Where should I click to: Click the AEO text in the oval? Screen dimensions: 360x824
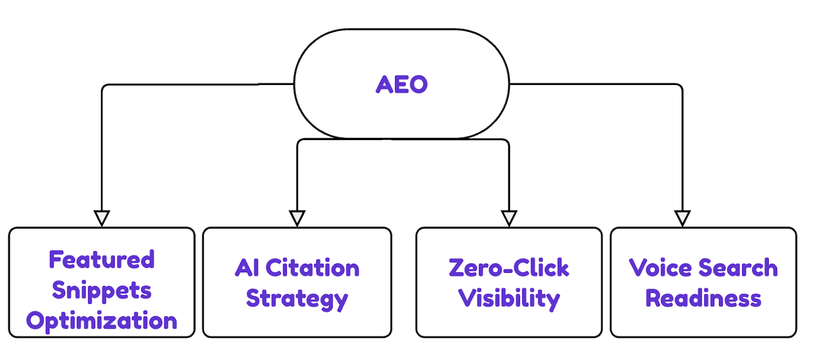pyautogui.click(x=402, y=84)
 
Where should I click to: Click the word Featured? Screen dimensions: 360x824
pyautogui.click(x=101, y=260)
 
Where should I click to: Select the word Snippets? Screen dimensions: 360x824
pyautogui.click(x=101, y=290)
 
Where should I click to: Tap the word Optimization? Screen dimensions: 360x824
pyautogui.click(x=101, y=321)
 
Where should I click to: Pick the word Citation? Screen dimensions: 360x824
pyautogui.click(x=312, y=268)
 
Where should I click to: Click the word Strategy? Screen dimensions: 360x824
pyautogui.click(x=297, y=299)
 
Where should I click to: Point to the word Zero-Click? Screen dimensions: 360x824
pyautogui.click(x=509, y=268)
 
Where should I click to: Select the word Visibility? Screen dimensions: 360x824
pyautogui.click(x=509, y=299)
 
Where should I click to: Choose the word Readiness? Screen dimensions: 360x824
pyautogui.click(x=703, y=299)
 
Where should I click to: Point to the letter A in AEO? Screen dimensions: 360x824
pyautogui.click(x=385, y=84)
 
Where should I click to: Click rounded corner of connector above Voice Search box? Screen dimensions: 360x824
pyautogui.click(x=680, y=87)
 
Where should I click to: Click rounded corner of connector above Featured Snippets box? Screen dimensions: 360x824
pyautogui.click(x=105, y=87)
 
